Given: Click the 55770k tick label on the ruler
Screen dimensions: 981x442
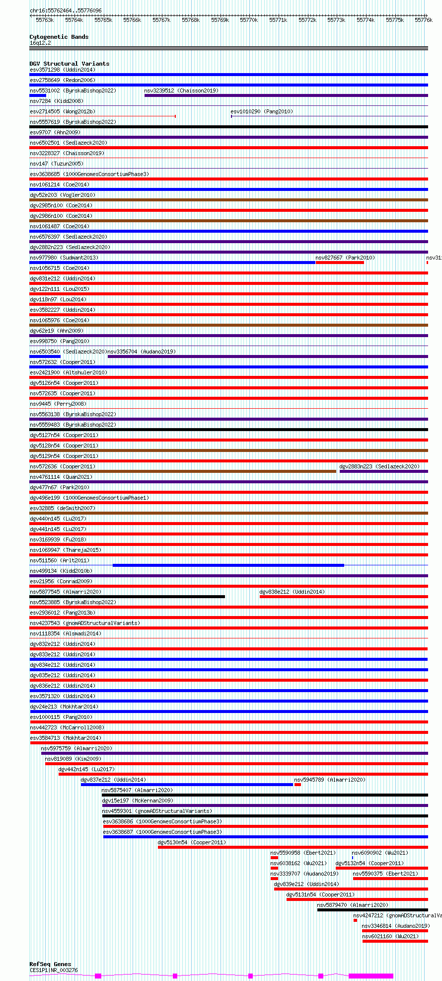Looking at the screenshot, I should point(249,20).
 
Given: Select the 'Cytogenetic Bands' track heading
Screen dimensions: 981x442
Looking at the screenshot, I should point(59,37).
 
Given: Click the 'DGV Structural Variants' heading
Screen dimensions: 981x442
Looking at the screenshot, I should point(69,64).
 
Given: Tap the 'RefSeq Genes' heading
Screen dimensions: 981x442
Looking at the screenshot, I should point(50,964).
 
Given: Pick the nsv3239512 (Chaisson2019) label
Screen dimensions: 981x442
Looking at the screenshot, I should point(181,90).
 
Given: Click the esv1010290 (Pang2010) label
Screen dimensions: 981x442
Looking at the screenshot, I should point(262,111).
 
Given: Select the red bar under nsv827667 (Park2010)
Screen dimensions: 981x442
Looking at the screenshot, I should point(340,263).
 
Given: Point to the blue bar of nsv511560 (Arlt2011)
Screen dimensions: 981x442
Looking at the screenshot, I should point(228,565).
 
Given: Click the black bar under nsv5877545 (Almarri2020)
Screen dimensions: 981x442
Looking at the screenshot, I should point(127,597).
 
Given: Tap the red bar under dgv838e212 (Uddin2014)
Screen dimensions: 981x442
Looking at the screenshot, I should point(344,597).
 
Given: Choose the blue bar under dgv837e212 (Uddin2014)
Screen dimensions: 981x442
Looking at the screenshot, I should point(187,785).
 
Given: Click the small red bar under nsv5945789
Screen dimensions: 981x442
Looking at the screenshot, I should point(297,785).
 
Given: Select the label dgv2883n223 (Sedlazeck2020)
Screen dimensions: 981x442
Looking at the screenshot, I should point(379,466).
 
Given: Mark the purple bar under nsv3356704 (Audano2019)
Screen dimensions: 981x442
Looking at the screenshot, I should point(268,357).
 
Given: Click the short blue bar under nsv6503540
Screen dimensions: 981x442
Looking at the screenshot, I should point(45,357).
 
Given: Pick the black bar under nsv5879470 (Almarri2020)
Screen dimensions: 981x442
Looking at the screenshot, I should point(372,910).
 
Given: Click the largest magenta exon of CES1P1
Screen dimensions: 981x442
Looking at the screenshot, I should point(370,976).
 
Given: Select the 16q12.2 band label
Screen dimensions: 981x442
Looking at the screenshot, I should point(40,43).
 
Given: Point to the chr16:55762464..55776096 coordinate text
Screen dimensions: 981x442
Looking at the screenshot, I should point(66,10).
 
